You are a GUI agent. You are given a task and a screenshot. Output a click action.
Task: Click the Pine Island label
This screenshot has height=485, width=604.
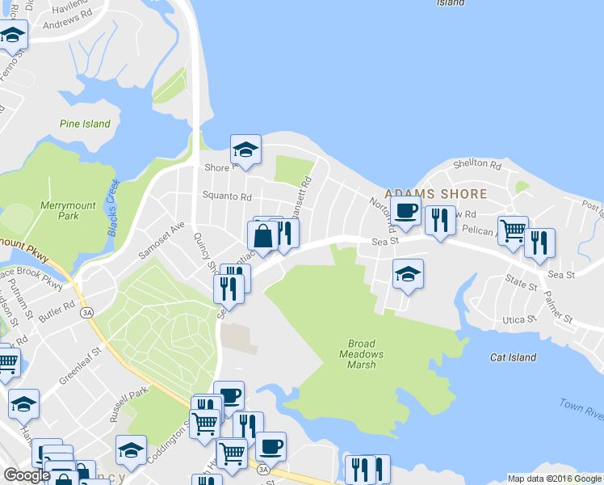(85, 124)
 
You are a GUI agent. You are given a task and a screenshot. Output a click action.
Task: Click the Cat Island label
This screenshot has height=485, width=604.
(513, 357)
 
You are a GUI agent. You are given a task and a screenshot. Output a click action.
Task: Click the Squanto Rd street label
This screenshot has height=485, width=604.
(227, 196)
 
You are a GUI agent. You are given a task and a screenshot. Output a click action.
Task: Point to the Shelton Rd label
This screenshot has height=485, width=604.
(477, 163)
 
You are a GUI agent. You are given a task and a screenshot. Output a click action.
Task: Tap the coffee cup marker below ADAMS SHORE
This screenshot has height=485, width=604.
(406, 211)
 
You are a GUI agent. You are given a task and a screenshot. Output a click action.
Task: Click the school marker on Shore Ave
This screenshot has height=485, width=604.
(245, 150)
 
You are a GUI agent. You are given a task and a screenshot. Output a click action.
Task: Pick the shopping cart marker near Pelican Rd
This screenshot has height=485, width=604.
(513, 231)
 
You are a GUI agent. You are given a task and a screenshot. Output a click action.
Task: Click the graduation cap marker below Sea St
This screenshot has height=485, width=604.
(408, 274)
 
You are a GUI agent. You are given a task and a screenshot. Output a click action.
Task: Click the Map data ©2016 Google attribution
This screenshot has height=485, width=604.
(555, 479)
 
